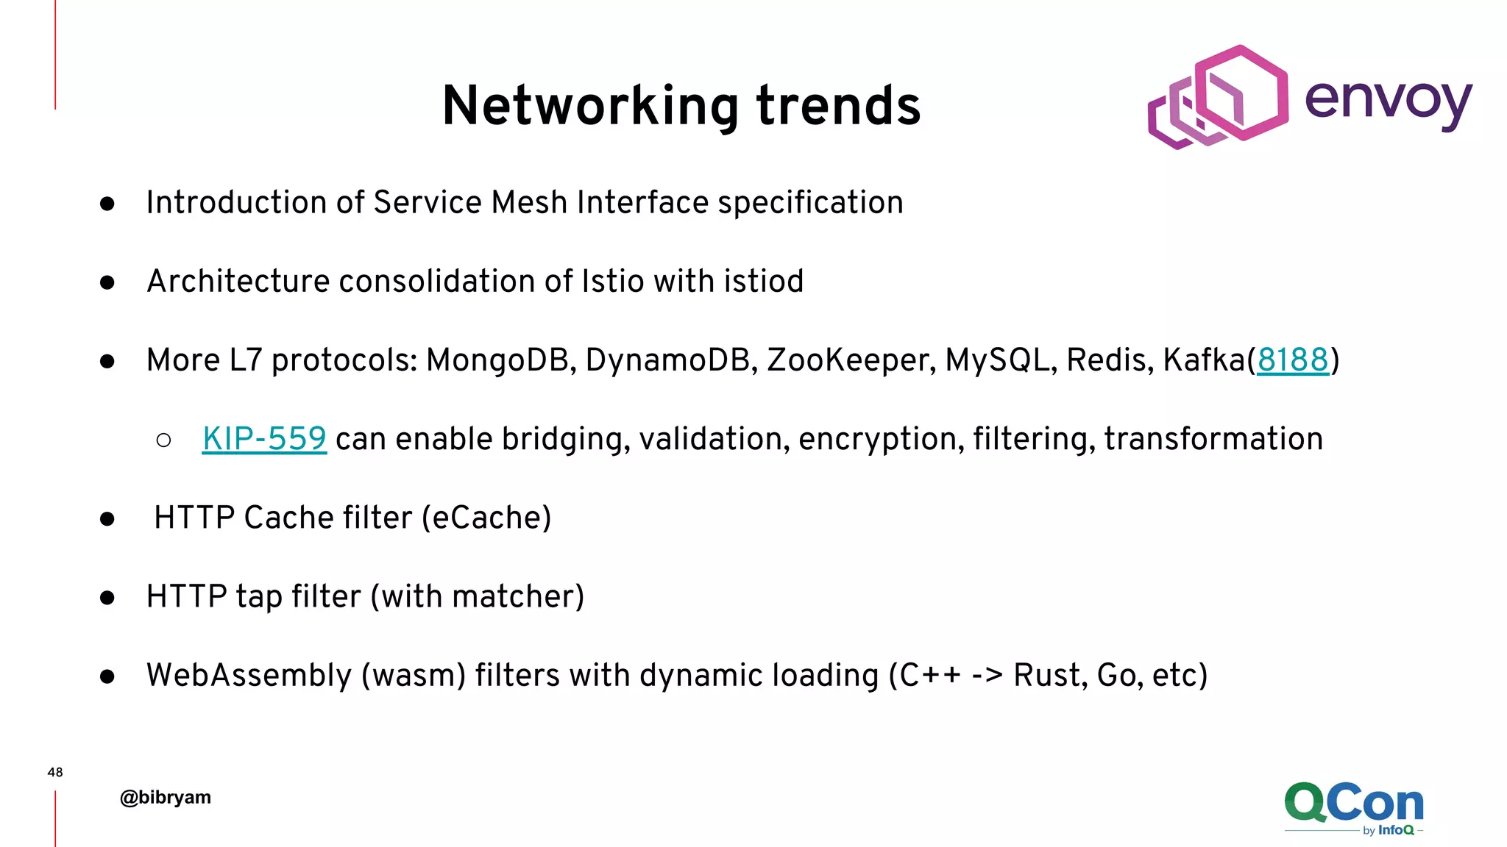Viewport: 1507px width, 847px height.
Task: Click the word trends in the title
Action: tap(838, 107)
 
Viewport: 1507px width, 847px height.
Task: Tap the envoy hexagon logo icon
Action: tap(1218, 96)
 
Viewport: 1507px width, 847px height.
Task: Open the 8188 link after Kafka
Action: tap(1293, 360)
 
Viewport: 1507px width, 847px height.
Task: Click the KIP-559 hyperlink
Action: tap(264, 439)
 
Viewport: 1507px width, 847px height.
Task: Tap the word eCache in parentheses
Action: tap(486, 518)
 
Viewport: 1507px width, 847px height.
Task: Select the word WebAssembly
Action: tap(249, 675)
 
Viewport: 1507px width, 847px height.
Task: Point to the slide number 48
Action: tap(55, 772)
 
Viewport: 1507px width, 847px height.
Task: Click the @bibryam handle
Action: tap(166, 798)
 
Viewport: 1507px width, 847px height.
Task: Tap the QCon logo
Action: tap(1353, 807)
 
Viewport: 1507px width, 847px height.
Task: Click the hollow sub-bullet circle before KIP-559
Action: tap(164, 440)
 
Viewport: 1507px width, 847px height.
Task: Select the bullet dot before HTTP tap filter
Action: tap(107, 598)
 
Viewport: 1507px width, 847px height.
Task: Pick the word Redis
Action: tap(1110, 360)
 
